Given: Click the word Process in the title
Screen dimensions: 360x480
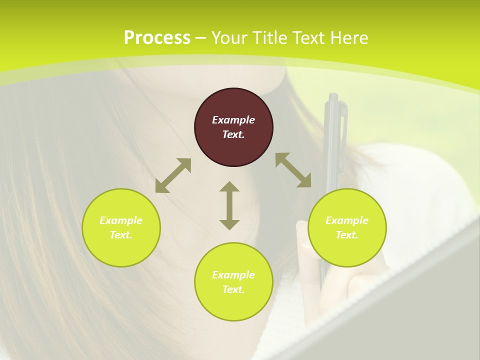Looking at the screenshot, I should click(x=157, y=38).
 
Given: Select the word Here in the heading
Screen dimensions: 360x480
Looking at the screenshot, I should click(x=349, y=38).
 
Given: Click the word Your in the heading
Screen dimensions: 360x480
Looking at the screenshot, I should click(x=230, y=38).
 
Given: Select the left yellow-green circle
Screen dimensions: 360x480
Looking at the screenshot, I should click(x=121, y=227).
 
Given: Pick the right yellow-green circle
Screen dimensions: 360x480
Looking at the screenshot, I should click(x=347, y=227).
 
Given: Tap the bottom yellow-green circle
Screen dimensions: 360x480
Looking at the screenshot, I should click(x=233, y=282).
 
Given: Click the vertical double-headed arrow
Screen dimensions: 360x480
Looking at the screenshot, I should click(x=229, y=205).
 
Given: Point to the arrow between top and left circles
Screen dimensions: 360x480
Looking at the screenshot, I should click(x=173, y=175).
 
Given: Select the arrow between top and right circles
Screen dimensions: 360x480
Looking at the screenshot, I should click(x=293, y=170).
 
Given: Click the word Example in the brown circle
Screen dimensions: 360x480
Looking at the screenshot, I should click(x=233, y=120).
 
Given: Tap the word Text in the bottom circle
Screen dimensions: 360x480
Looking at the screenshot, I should click(x=233, y=289).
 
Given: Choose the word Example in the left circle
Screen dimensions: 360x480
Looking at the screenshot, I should click(x=121, y=220).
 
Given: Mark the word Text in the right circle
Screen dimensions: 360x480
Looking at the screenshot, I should click(x=346, y=235).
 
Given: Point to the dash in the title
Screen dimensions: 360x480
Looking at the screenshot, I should click(x=201, y=38).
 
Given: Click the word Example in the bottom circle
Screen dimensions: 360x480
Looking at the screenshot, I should click(x=233, y=275).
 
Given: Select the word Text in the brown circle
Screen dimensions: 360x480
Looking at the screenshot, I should click(x=233, y=134).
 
